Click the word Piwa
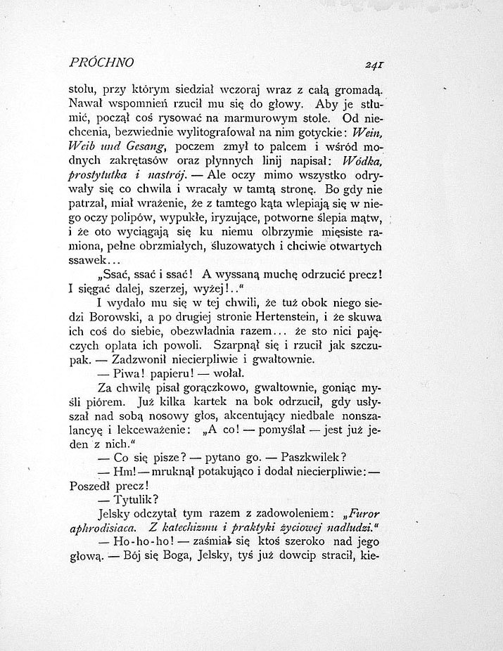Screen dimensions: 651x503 [128, 373]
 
